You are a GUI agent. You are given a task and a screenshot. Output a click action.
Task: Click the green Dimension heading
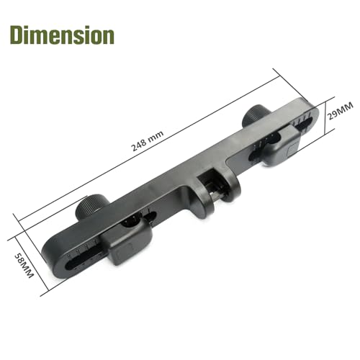pos(62,35)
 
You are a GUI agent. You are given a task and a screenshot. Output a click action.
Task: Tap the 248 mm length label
pos(148,141)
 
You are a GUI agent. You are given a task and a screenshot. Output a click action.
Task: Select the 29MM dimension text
pos(341,111)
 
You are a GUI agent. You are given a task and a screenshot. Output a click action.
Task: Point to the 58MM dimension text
pos(24,266)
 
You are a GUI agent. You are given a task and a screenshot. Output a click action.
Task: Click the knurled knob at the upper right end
pos(256,116)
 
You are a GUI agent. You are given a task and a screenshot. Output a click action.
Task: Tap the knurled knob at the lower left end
pos(91,206)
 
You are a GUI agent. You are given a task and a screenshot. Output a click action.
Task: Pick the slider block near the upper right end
pos(281,145)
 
